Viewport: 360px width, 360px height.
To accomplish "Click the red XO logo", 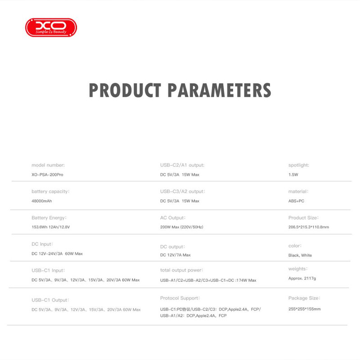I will (x=51, y=27).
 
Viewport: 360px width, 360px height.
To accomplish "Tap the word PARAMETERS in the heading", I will (x=219, y=90).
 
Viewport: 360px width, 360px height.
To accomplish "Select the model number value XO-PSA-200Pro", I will (x=48, y=174).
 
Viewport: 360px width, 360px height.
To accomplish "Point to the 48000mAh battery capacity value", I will (x=42, y=201).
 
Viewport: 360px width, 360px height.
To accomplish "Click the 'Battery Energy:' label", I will (x=49, y=218).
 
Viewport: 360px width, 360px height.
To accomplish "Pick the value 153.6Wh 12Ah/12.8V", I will (x=51, y=227).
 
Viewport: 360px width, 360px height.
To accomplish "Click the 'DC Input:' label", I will (x=42, y=244).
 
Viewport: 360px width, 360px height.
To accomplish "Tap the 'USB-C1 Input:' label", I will (x=48, y=270).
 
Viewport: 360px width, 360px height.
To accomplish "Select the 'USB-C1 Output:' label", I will (x=50, y=300).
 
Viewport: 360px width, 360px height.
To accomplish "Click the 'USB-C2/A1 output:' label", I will (x=182, y=165).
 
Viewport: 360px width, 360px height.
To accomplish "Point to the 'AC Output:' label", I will (x=173, y=218).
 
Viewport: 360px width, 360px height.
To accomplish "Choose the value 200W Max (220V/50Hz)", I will (x=182, y=227).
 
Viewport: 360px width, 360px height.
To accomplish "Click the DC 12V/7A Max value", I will (x=175, y=255).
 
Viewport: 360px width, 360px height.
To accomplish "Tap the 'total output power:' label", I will (x=182, y=270).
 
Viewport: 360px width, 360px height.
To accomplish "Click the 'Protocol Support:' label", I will (x=180, y=298).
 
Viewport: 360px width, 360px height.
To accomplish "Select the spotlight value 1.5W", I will (x=293, y=174).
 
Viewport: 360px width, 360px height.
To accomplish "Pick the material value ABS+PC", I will (x=296, y=201).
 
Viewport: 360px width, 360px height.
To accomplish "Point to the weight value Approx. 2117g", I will (x=302, y=279).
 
